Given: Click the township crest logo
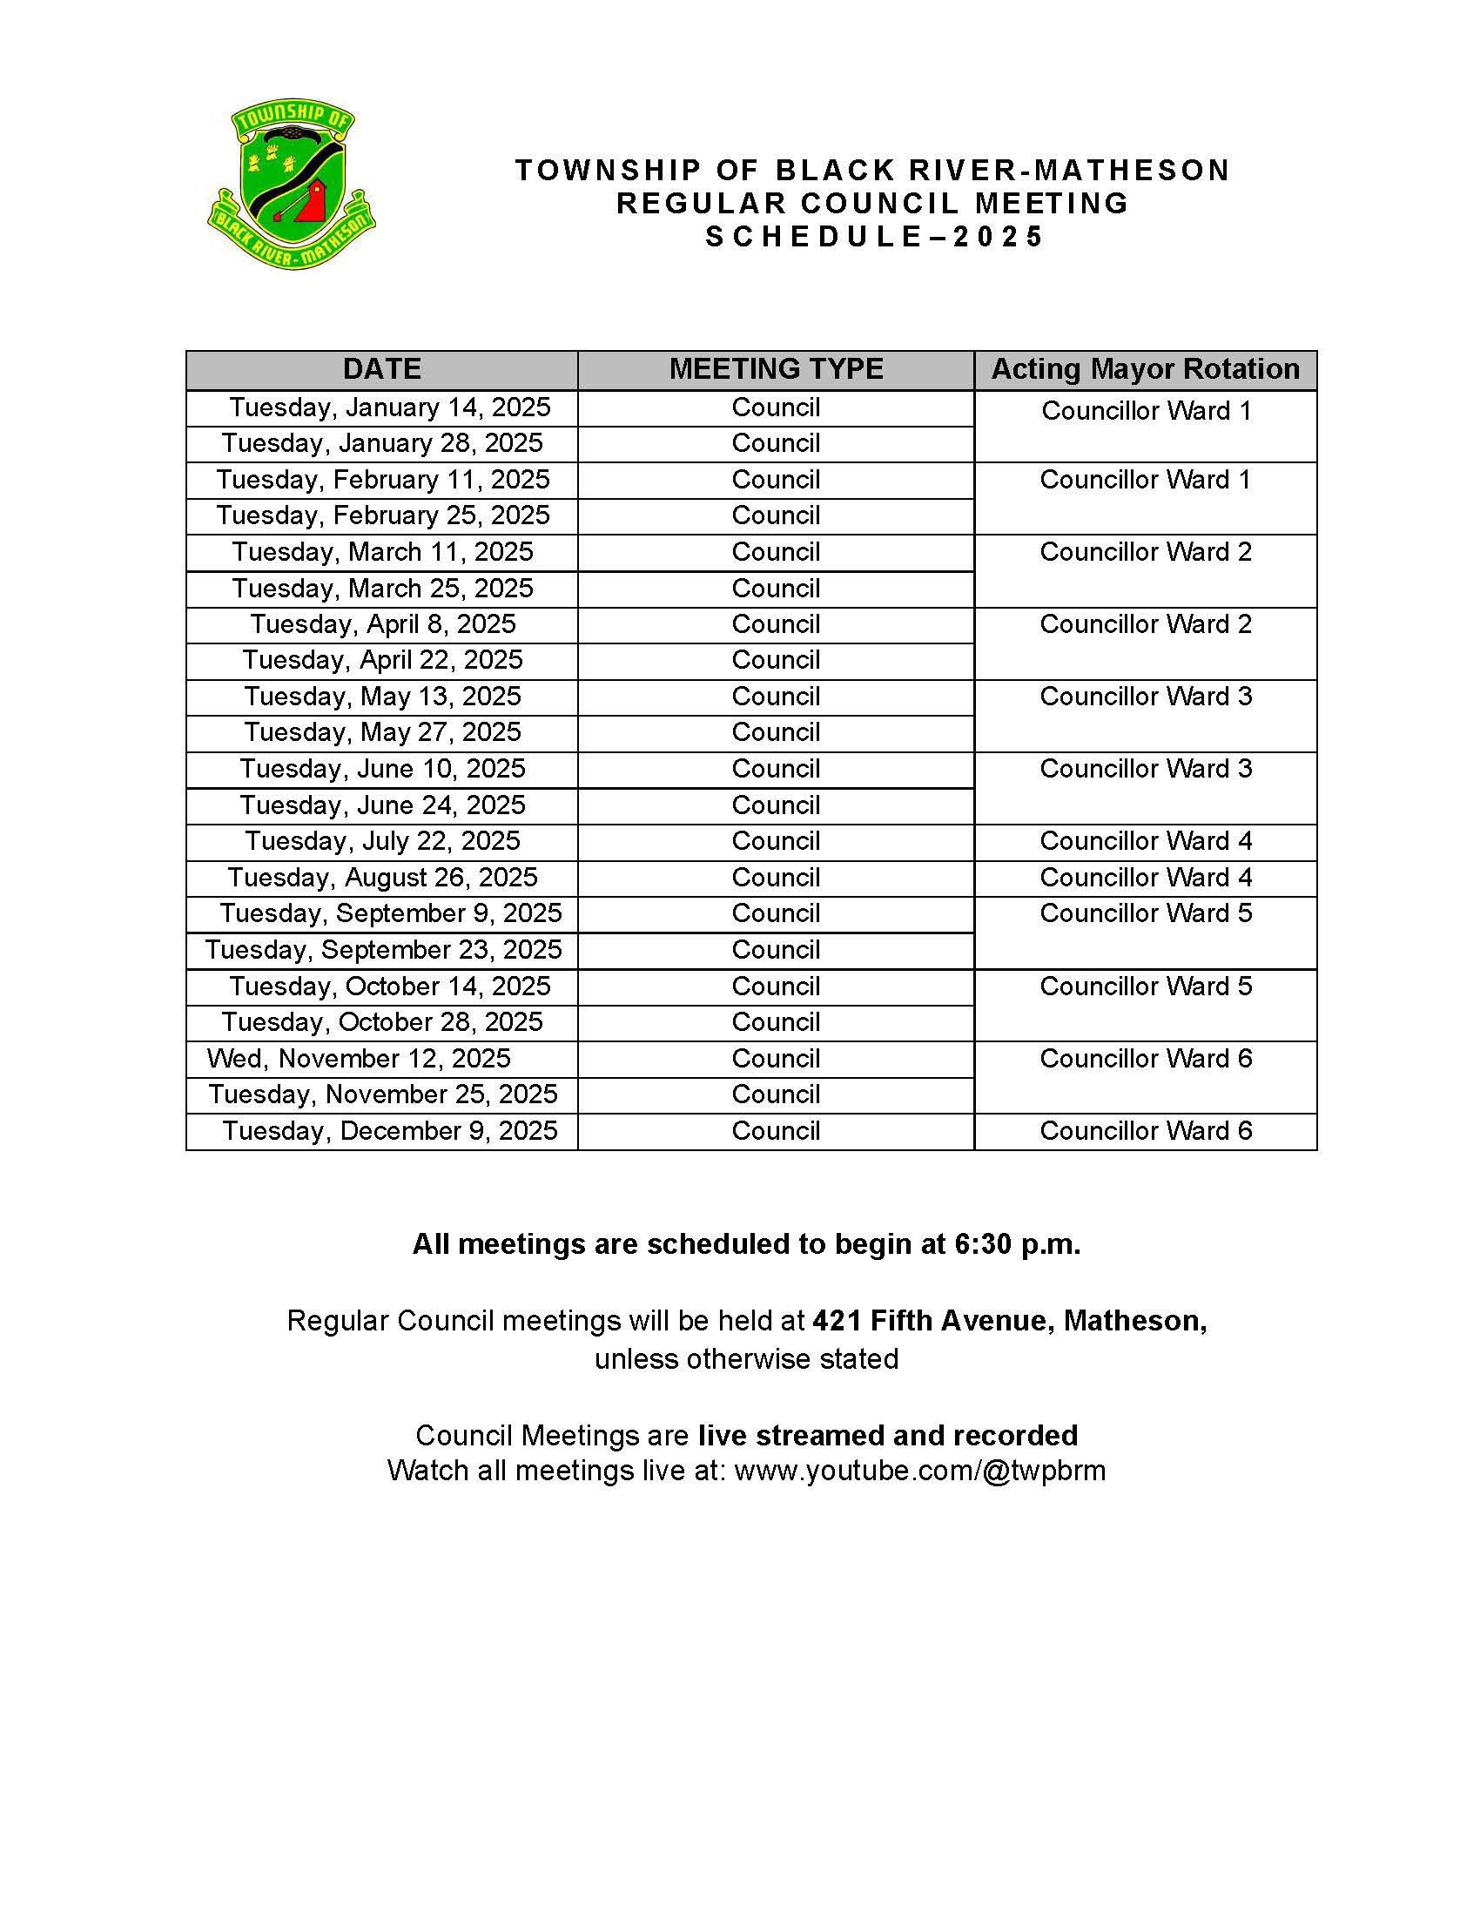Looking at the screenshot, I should [292, 184].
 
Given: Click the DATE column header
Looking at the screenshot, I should [381, 369].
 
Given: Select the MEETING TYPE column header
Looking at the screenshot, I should [776, 369].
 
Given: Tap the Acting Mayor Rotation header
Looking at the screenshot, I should [1145, 369].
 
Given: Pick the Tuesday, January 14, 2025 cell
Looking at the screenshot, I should [389, 407].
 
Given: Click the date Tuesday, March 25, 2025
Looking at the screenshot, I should [382, 589].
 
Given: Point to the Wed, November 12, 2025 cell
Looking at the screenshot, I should [359, 1059].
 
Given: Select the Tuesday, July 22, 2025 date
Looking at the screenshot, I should [382, 841].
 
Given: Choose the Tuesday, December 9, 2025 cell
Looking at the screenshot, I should [389, 1131].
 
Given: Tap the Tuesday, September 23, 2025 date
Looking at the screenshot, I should [383, 949].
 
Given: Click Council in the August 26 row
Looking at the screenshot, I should [776, 877].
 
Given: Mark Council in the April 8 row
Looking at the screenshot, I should [776, 624].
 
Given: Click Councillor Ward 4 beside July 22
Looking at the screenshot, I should [1146, 841].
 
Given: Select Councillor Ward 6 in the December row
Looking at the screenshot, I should [1146, 1131].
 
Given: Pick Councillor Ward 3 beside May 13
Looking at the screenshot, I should [1146, 697].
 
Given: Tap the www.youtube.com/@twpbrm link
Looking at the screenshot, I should [919, 1471].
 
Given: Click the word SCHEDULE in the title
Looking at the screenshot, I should [813, 237].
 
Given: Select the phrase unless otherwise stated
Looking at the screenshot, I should [746, 1360].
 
